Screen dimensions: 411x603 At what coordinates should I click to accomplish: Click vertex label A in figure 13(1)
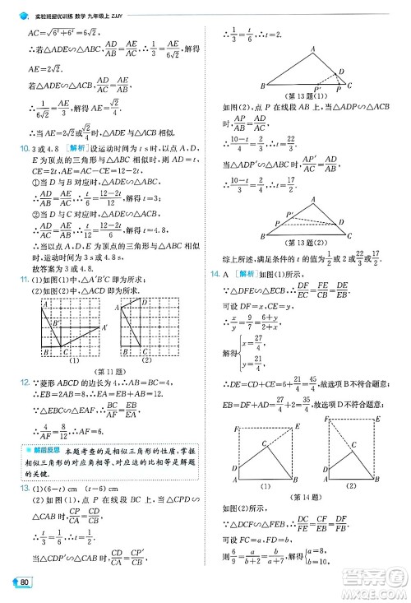click(313, 49)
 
